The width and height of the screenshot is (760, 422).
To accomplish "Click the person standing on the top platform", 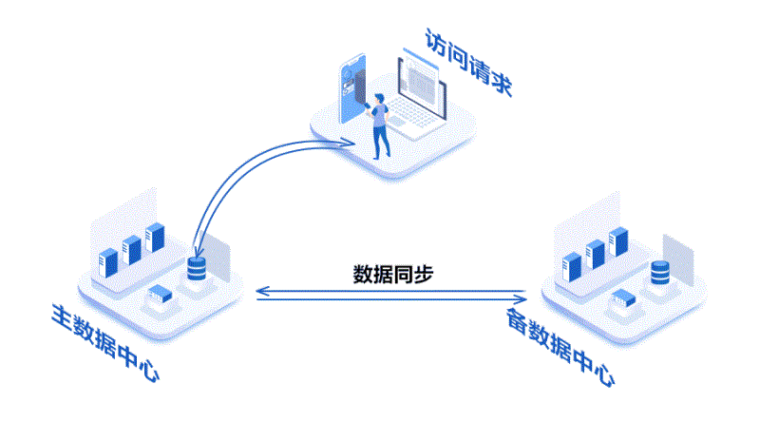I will (380, 124).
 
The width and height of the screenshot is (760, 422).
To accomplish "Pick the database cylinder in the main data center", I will (197, 269).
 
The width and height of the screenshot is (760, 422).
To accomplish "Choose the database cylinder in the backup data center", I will (659, 274).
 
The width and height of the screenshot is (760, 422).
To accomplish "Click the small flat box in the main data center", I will (157, 297).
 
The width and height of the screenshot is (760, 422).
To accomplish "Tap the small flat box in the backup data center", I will (622, 300).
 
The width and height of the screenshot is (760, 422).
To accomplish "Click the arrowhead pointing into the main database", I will (195, 249).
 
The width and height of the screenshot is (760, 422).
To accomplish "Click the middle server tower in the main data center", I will (131, 248).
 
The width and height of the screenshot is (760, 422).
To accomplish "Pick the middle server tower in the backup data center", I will (596, 253).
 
